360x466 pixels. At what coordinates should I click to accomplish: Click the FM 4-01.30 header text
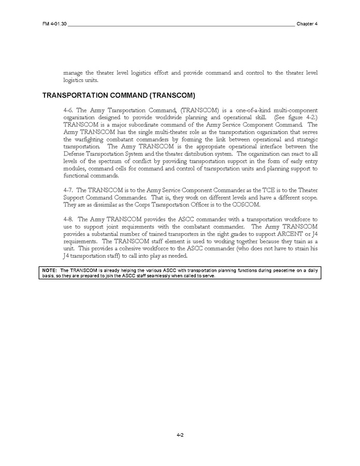click(54, 24)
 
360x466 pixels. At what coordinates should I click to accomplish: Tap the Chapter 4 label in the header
click(307, 24)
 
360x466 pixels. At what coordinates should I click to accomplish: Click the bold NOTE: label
click(50, 270)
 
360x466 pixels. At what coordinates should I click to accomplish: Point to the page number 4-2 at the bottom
click(180, 435)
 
